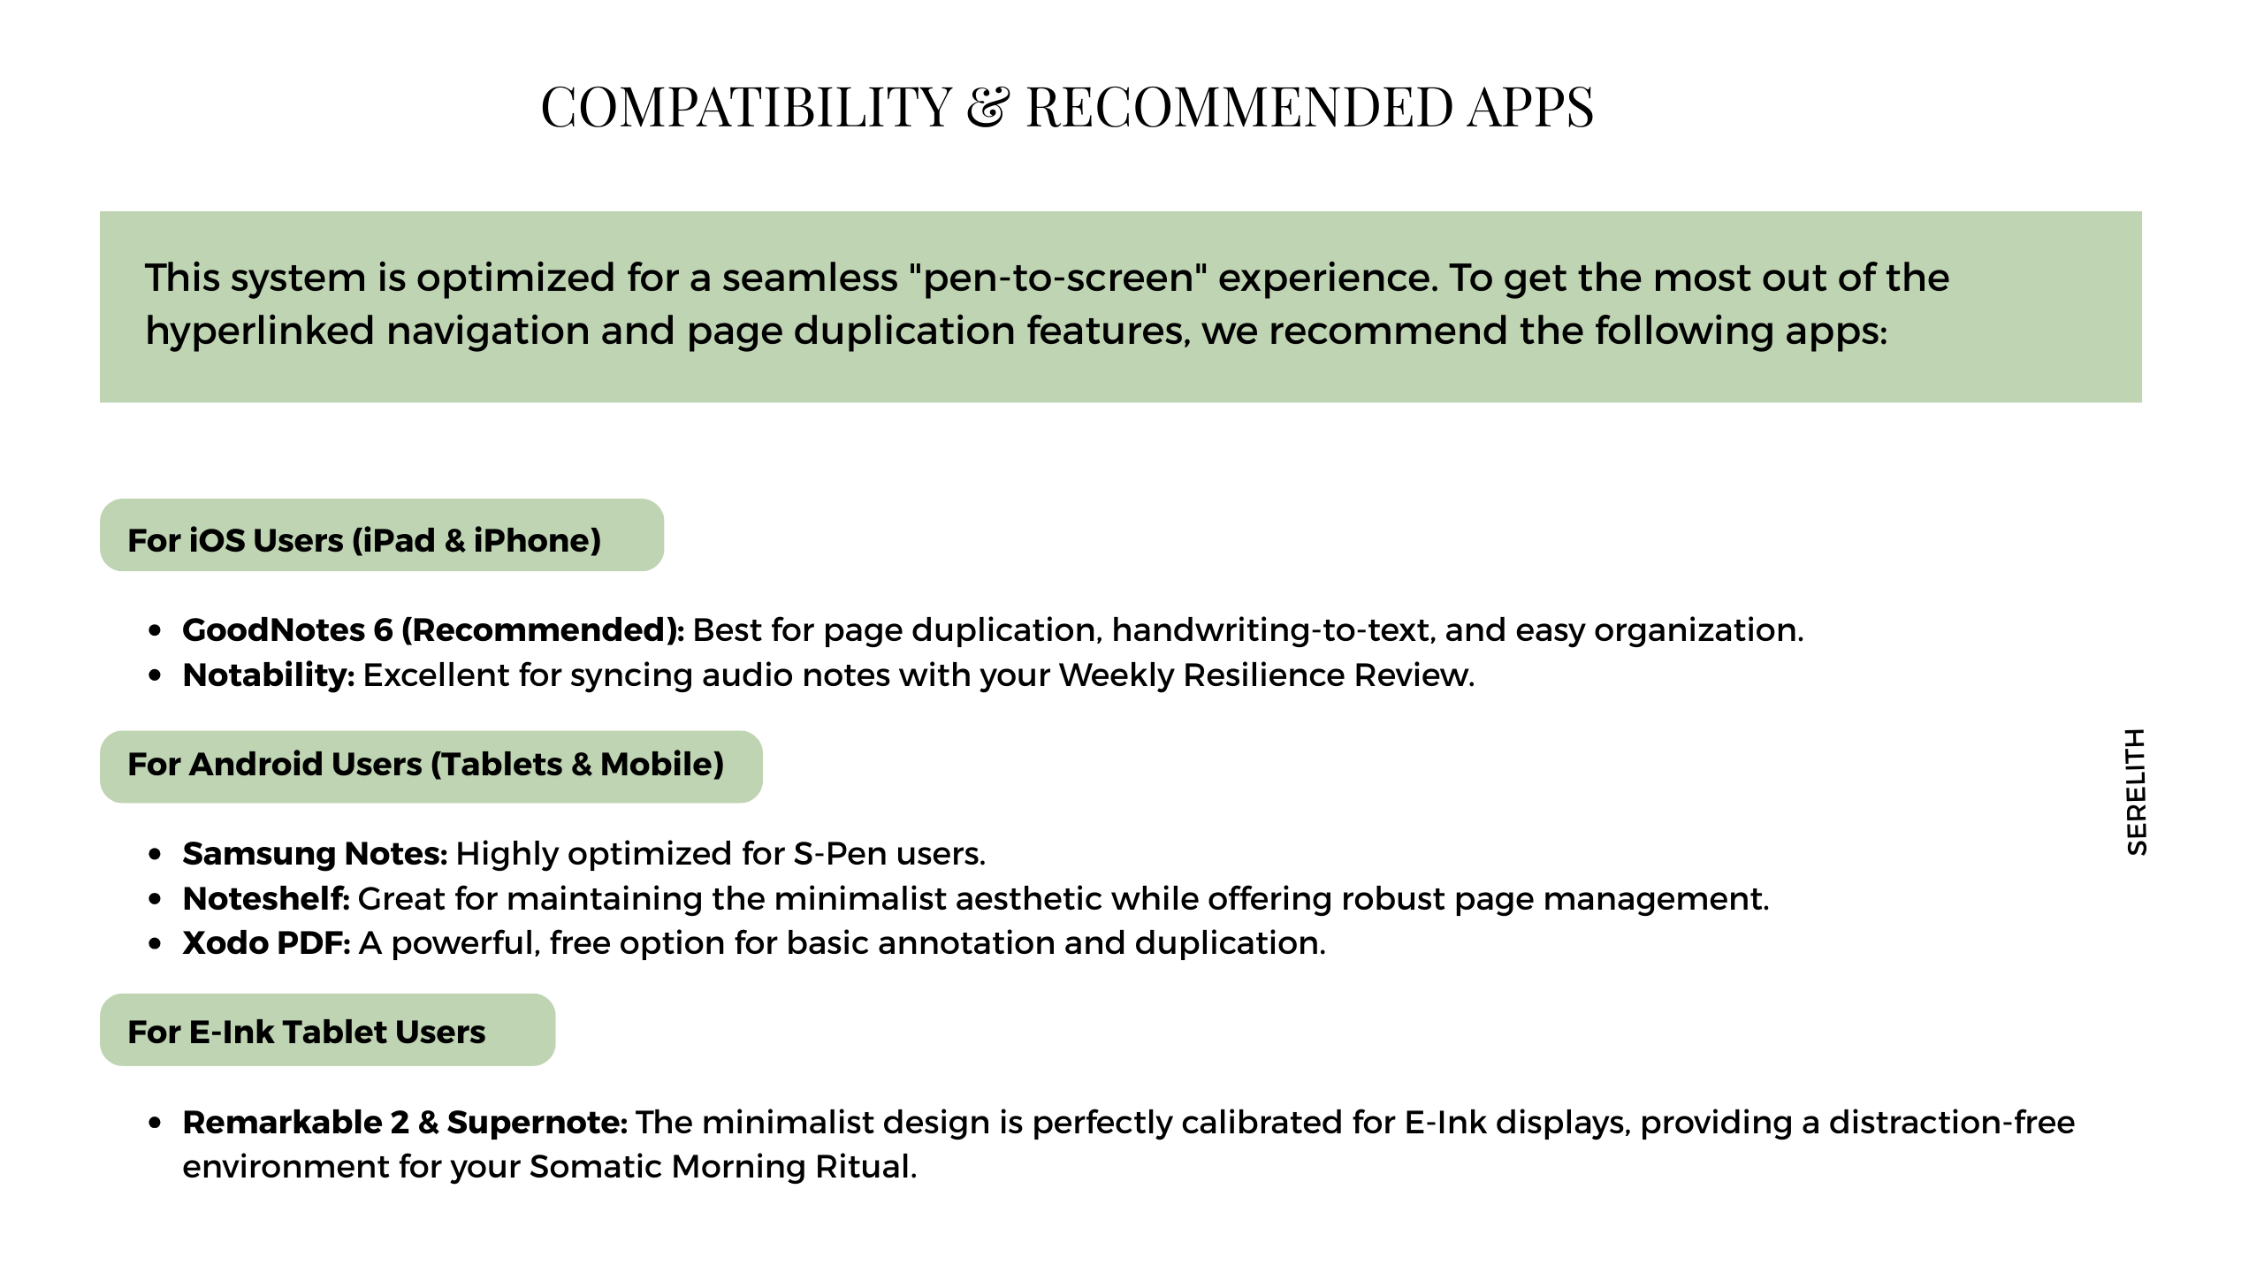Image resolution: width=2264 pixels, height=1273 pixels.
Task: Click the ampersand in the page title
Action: pyautogui.click(x=987, y=108)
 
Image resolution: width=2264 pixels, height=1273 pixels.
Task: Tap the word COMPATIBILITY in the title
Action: pyautogui.click(x=746, y=108)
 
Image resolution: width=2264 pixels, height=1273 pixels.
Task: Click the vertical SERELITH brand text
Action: pyautogui.click(x=2136, y=792)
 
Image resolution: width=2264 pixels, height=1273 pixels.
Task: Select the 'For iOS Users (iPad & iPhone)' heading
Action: pyautogui.click(x=364, y=540)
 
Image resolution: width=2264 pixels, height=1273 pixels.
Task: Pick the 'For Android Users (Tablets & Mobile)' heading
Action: pyautogui.click(x=425, y=765)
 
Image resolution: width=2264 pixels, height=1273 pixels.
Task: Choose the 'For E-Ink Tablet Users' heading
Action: pyautogui.click(x=307, y=1032)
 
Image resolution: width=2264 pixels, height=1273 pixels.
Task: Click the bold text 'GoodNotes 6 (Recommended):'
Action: pyautogui.click(x=433, y=630)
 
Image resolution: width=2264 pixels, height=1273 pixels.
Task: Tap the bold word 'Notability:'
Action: pyautogui.click(x=268, y=675)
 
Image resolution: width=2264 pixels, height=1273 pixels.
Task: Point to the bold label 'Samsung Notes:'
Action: pyautogui.click(x=315, y=854)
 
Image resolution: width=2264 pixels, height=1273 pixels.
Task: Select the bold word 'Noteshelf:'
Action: pyautogui.click(x=266, y=899)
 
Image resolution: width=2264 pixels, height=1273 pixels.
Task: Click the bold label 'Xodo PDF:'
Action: pyautogui.click(x=266, y=943)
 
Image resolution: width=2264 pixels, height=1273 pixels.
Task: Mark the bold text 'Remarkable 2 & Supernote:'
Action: pyautogui.click(x=405, y=1123)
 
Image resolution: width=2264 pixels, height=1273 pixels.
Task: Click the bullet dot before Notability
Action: pyautogui.click(x=156, y=676)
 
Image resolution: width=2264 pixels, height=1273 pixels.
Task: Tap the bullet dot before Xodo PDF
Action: pyautogui.click(x=156, y=944)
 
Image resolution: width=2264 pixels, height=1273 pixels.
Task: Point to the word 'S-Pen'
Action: pyautogui.click(x=840, y=854)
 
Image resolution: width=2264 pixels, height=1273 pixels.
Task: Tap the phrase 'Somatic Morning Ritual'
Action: pyautogui.click(x=720, y=1167)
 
